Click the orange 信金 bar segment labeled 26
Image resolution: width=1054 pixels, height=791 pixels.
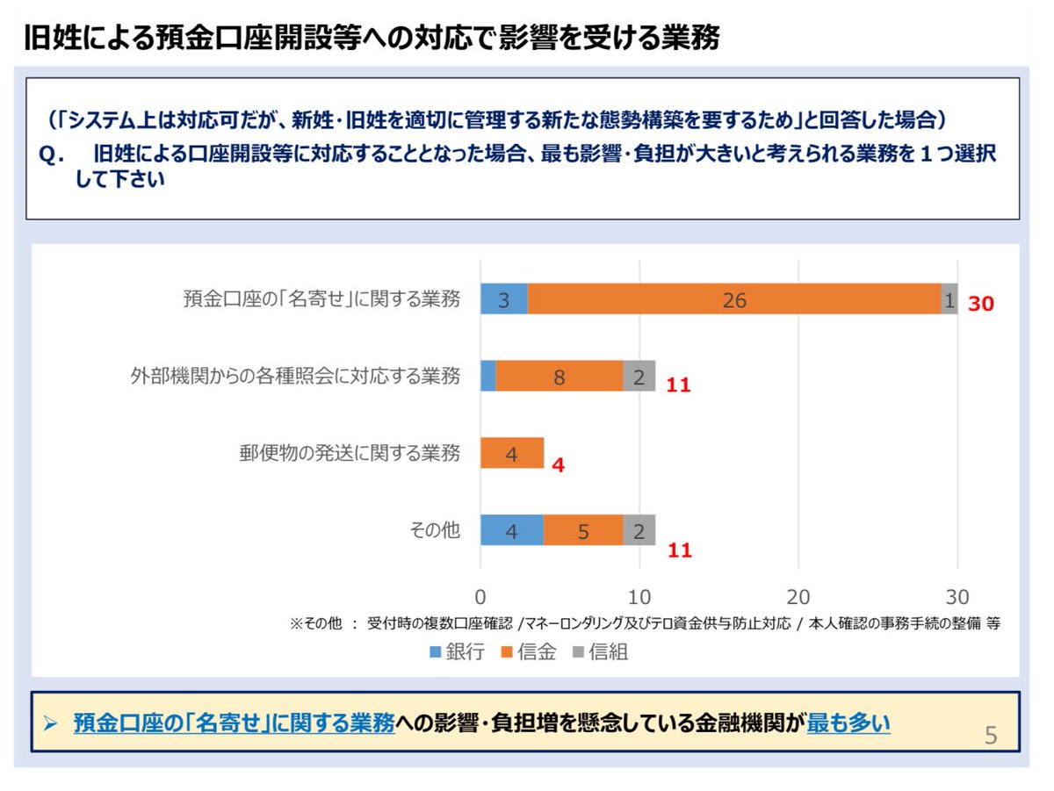click(x=733, y=300)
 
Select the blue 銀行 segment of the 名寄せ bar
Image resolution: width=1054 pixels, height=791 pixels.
click(x=503, y=300)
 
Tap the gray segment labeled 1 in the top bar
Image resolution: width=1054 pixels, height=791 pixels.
click(x=949, y=300)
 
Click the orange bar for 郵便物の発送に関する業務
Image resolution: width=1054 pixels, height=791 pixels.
click(x=512, y=454)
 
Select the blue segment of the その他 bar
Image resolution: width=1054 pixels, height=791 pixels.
click(x=511, y=530)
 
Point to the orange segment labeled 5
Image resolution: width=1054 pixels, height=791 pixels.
click(x=583, y=530)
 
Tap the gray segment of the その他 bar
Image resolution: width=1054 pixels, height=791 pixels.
click(x=639, y=530)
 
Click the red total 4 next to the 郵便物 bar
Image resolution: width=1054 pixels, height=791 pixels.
click(x=559, y=464)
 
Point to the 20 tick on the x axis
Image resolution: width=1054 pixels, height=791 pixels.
click(x=798, y=597)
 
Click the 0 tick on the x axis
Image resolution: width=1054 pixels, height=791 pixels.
click(x=480, y=597)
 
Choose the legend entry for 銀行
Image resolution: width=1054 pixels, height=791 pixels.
click(x=457, y=652)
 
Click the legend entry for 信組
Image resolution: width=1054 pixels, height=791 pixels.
click(x=601, y=652)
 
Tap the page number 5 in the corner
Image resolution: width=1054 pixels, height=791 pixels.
click(x=991, y=735)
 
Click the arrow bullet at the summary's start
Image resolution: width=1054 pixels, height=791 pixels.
click(x=51, y=723)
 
